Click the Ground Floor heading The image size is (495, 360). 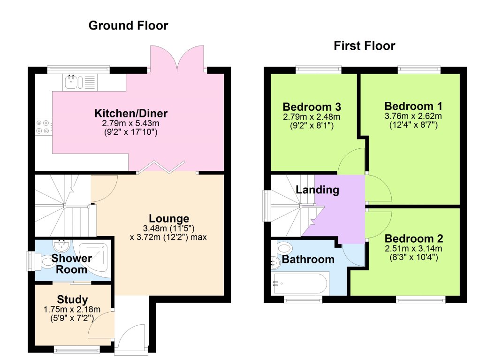[x=128, y=25]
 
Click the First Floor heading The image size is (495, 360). [x=364, y=46]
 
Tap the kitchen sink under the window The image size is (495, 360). [x=72, y=83]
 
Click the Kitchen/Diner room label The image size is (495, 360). [x=131, y=114]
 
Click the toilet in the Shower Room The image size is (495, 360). [x=47, y=261]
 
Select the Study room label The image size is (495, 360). [x=72, y=299]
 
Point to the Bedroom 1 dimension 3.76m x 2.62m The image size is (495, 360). [x=413, y=116]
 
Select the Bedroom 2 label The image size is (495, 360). [x=413, y=238]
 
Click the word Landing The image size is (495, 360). [x=317, y=190]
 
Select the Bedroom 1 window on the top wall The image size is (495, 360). [x=419, y=69]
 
